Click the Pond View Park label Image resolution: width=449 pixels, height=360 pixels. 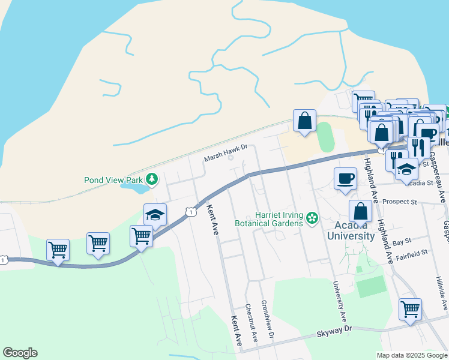tap(113, 179)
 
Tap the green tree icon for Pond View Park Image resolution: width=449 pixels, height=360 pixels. tap(153, 179)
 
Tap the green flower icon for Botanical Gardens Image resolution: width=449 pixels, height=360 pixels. tap(312, 218)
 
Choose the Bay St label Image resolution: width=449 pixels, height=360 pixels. tap(401, 242)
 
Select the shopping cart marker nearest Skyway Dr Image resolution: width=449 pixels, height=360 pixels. tap(411, 310)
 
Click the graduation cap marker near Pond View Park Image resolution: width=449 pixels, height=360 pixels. tap(155, 215)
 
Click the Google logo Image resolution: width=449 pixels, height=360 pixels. tap(20, 353)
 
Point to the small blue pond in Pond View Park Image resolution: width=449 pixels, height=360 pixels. tap(136, 188)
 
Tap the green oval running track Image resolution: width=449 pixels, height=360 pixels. tap(324, 137)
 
